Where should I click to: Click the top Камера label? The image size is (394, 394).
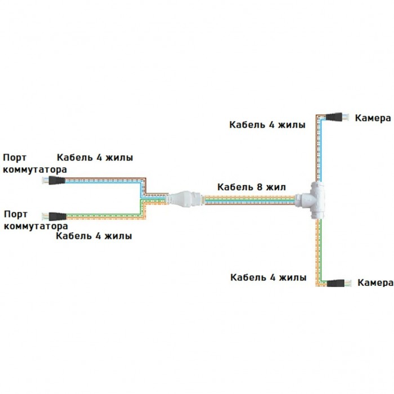coord(373,118)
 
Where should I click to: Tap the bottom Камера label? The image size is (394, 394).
coord(375,283)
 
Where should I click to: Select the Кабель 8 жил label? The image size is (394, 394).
coord(252,187)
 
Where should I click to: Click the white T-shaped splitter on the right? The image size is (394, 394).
coord(310,200)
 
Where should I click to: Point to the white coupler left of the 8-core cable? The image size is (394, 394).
coord(185,199)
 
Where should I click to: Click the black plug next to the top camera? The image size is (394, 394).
coord(334,117)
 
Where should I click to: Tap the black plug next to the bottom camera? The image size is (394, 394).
coord(335,283)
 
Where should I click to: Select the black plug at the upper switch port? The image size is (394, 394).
coord(57,181)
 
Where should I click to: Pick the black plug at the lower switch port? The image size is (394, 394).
coord(57,216)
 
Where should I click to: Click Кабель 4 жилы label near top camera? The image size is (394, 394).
coord(267,125)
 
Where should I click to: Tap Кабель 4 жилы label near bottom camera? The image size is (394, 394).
coord(268,277)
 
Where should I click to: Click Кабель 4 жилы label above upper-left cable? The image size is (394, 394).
coord(95,158)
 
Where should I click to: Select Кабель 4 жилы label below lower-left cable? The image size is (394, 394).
coord(94,236)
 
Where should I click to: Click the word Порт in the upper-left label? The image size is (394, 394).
coord(15,158)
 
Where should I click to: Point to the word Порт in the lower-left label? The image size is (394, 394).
coord(16,214)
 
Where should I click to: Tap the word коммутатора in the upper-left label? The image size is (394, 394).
coord(35,169)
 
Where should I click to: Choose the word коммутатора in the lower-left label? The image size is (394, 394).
coord(36,226)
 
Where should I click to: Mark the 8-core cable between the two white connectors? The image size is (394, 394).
coord(249,200)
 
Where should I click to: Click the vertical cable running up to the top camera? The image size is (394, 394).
coord(319,148)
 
